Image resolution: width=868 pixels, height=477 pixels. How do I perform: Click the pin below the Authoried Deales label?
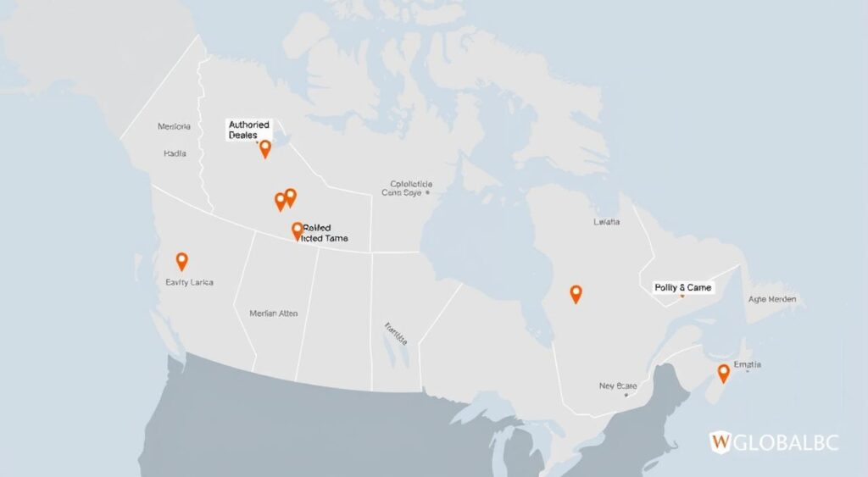pos(264,149)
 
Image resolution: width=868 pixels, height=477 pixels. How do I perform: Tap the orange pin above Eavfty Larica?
pos(181,261)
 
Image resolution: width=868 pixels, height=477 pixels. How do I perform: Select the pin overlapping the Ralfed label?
pos(297,230)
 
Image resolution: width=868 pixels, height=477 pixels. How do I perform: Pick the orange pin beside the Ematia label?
pos(723,373)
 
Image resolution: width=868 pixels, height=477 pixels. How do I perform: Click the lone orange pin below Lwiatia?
pos(576,294)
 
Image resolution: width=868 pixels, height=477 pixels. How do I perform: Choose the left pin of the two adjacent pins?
pos(281,202)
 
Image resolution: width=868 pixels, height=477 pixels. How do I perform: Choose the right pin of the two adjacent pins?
pos(291,197)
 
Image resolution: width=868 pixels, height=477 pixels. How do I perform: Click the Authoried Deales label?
pos(248,130)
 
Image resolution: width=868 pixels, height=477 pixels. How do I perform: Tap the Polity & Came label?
pos(683,288)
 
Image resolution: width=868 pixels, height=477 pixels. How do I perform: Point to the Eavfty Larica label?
pos(190,282)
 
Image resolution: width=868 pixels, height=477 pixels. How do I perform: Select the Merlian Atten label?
pos(275,313)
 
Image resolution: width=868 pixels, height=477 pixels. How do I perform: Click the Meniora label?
pos(174,127)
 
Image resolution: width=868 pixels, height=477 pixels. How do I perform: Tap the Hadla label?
pos(174,154)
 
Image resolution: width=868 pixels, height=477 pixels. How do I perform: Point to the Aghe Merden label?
pos(771,300)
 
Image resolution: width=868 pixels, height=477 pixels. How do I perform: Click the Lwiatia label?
pos(606,222)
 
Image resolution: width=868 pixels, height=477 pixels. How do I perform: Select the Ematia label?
pos(747,365)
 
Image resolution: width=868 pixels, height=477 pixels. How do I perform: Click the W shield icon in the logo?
pos(720,441)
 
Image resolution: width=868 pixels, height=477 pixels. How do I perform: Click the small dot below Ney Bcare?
pos(626,394)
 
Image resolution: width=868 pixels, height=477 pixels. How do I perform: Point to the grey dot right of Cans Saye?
pos(428,192)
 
